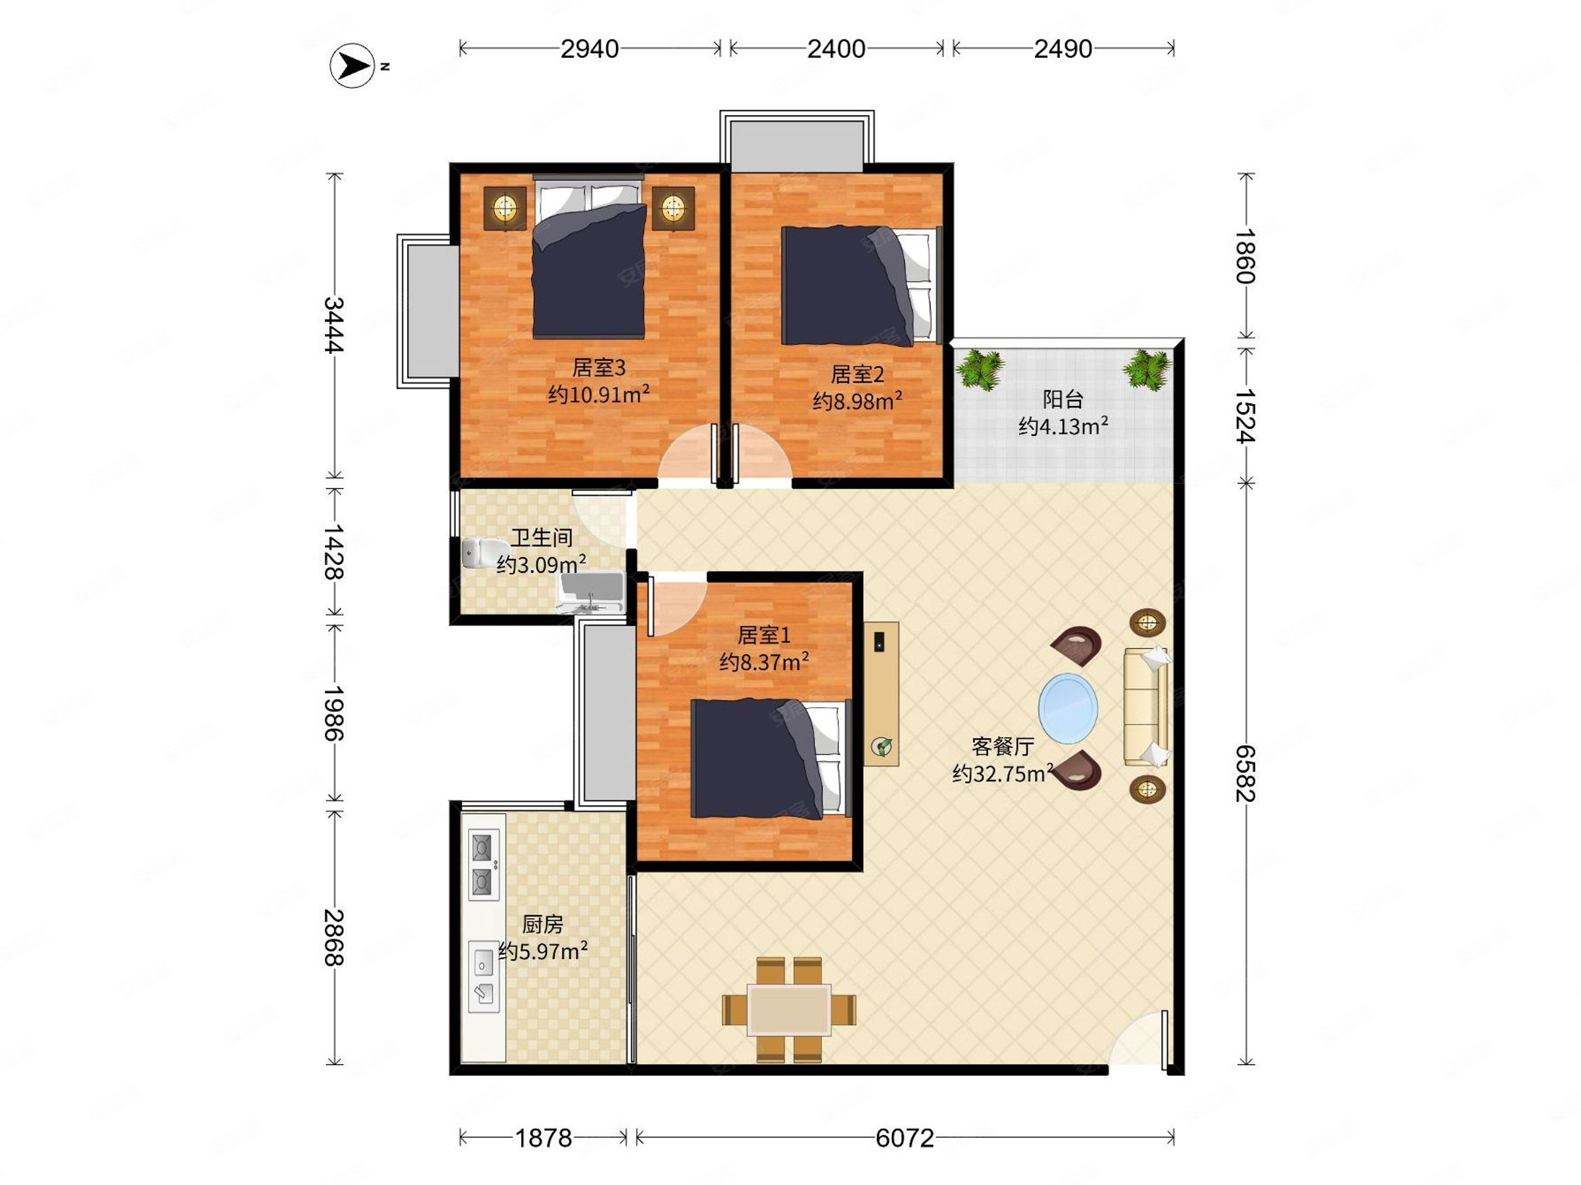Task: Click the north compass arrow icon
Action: [x=352, y=66]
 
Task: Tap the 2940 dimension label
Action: [x=590, y=49]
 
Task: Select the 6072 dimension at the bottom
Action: [x=905, y=1138]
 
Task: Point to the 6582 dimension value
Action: [x=1246, y=774]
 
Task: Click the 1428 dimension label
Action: [x=334, y=552]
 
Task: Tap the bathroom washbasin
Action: [x=591, y=593]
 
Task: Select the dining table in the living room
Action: [x=789, y=1009]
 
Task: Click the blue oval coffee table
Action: [x=1068, y=708]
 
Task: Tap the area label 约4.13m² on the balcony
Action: [x=1063, y=427]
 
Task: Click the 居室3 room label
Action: [x=599, y=367]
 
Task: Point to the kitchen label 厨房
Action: [x=543, y=924]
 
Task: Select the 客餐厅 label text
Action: [x=1002, y=747]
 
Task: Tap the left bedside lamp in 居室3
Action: [x=505, y=209]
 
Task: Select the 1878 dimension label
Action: [x=544, y=1138]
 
